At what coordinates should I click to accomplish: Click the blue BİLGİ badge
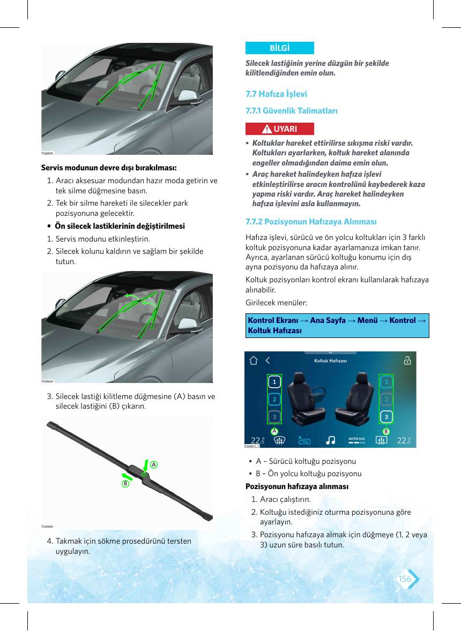coord(279,48)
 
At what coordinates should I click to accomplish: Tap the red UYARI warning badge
coord(279,129)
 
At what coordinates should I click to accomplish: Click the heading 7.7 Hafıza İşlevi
coord(276,94)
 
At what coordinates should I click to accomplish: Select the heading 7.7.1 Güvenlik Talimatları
coord(292,111)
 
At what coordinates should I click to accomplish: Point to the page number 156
coord(405,579)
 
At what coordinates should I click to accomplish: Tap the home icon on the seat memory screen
coord(253,360)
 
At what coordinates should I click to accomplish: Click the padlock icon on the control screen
coord(407,360)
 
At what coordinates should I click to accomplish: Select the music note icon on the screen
coord(330,440)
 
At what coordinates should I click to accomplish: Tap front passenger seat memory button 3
coord(386,417)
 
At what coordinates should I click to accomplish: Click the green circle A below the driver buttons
coord(274,431)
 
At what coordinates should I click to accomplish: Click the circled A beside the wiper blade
coord(153,464)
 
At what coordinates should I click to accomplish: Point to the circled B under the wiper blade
coord(125,483)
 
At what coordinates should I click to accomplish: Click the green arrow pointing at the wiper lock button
coord(145,465)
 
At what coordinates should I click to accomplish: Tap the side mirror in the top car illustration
coord(187,96)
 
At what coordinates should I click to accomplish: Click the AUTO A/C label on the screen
coord(356,439)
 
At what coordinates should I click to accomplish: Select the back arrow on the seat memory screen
coord(267,360)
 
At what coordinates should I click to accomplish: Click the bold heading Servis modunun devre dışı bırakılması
coord(109,168)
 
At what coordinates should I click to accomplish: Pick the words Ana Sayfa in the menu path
coord(328,320)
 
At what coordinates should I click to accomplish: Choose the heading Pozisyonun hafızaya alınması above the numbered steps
coord(297,486)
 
